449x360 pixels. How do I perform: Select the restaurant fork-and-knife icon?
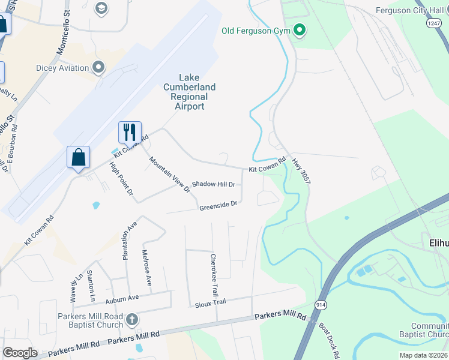coord(130,131)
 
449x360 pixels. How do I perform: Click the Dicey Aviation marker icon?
coord(99,67)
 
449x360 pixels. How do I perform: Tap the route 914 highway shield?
coord(322,305)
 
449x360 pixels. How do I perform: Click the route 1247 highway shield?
coord(434,22)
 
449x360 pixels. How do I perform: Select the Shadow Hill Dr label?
coord(213,184)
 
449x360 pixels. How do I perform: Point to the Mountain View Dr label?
coord(169,174)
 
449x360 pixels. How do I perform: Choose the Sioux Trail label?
coord(210,303)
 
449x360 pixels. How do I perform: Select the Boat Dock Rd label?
coord(330,337)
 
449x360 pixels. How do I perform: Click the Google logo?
coord(20,352)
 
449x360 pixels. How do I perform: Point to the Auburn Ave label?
coord(122,298)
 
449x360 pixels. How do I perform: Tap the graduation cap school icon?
coord(101,8)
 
